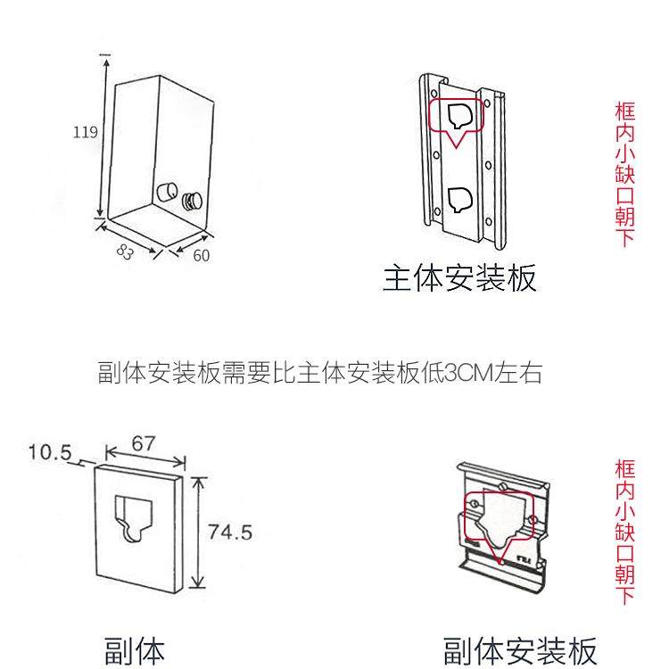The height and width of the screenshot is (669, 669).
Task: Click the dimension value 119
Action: pos(86,132)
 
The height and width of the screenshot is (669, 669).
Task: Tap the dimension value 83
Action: pos(125,252)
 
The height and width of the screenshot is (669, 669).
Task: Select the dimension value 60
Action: pos(202,256)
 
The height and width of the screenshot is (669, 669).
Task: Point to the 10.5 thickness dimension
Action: pos(49,452)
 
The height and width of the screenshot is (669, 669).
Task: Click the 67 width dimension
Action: pos(144,443)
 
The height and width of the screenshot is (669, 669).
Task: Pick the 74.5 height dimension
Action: pos(230,532)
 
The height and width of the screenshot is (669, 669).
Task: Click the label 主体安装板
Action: pos(459,278)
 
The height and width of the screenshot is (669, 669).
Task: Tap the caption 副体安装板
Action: pos(520,651)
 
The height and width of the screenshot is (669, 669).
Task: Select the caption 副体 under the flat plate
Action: pos(135,650)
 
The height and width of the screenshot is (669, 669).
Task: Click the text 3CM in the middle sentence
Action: pos(468,373)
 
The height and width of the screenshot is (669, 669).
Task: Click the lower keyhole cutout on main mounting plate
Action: pos(460,200)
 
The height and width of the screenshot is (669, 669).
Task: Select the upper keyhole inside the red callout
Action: pos(460,116)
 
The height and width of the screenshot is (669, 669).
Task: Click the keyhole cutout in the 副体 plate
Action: pos(133,517)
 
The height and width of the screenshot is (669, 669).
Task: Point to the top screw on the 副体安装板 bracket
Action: pos(503,485)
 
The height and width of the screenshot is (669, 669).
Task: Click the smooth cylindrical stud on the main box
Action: pos(167,193)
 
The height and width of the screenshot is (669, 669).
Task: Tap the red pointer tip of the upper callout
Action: pos(456,147)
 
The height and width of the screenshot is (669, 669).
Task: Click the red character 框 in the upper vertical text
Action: pos(625,111)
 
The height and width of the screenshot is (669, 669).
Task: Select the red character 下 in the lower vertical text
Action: pos(625,596)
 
